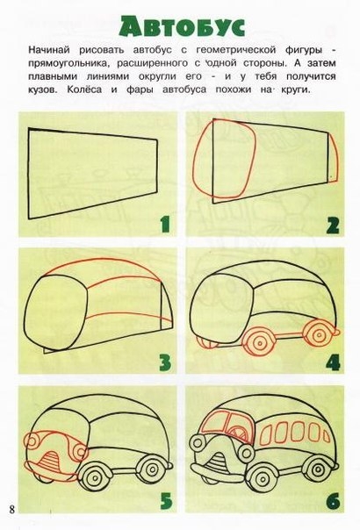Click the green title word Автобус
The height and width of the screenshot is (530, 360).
(182, 25)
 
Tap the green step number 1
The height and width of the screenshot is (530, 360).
(165, 225)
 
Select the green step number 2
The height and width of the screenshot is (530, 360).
(333, 226)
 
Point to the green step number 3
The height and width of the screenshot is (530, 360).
(165, 362)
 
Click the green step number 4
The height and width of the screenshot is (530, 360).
(333, 362)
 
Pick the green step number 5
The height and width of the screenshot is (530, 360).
(166, 501)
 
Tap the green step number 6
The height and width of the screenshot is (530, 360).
(333, 501)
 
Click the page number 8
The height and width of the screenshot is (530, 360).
(12, 509)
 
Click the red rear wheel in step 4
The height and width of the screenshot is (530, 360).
(318, 334)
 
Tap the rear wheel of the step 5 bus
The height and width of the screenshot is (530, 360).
(151, 469)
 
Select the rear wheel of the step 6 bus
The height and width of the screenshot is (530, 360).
(320, 469)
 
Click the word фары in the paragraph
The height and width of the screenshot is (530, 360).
(140, 90)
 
